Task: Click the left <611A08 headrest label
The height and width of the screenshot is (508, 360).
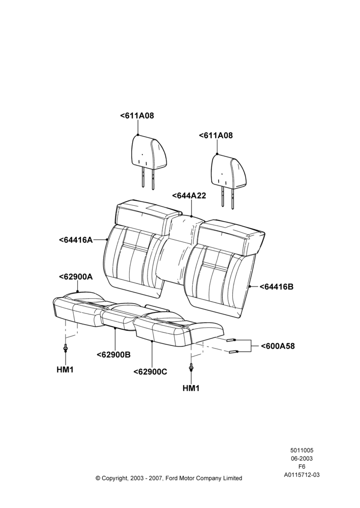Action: pos(137,116)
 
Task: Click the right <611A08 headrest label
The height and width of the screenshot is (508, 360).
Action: pos(216,136)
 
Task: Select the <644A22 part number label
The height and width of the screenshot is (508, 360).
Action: pos(189,196)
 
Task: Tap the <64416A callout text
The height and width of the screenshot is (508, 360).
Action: pos(76,240)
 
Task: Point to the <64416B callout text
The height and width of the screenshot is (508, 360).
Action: pos(276,287)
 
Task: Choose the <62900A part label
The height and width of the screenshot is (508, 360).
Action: pos(76,277)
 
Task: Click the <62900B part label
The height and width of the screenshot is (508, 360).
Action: pos(113,355)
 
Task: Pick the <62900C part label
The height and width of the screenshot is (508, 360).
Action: pos(150,372)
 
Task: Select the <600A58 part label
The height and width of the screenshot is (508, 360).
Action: pos(278,346)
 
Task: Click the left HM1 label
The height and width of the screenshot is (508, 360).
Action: pos(65,370)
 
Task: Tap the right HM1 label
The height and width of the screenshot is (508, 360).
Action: pos(191,388)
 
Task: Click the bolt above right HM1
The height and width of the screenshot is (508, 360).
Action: pos(191,367)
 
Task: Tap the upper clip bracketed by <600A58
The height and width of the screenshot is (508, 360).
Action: pos(231,340)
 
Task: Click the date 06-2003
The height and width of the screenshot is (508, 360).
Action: pos(302,458)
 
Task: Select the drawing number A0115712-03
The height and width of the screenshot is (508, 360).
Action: pos(302,475)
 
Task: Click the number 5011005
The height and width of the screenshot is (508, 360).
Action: pos(302,450)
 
